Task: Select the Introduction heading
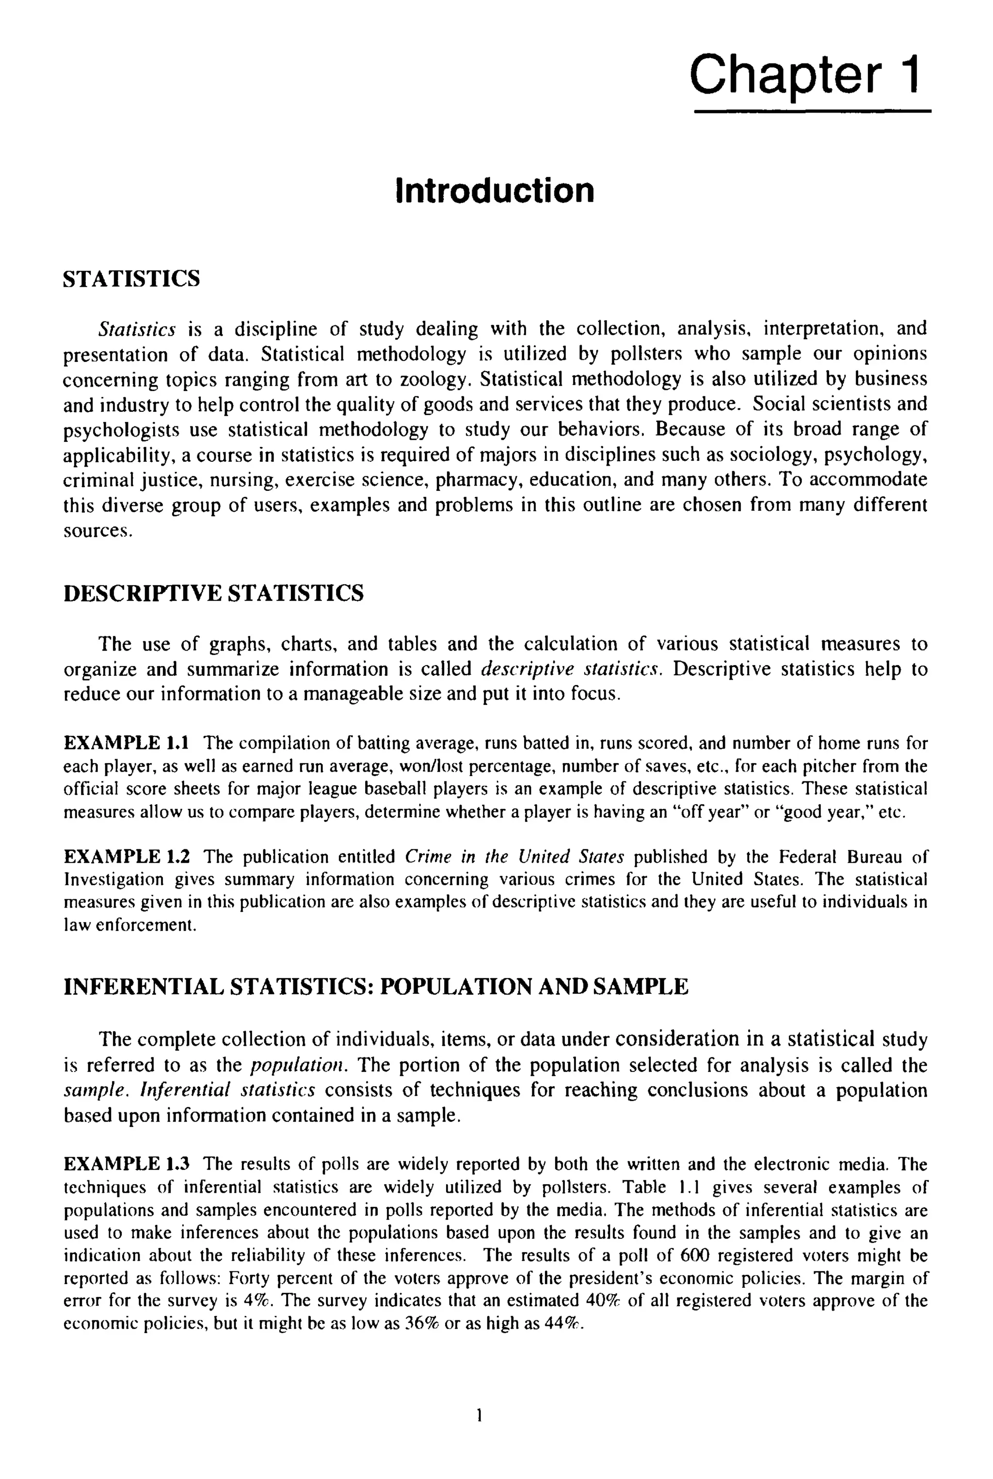coord(495,191)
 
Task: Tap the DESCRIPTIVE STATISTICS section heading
coord(213,594)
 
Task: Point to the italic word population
coord(299,1065)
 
